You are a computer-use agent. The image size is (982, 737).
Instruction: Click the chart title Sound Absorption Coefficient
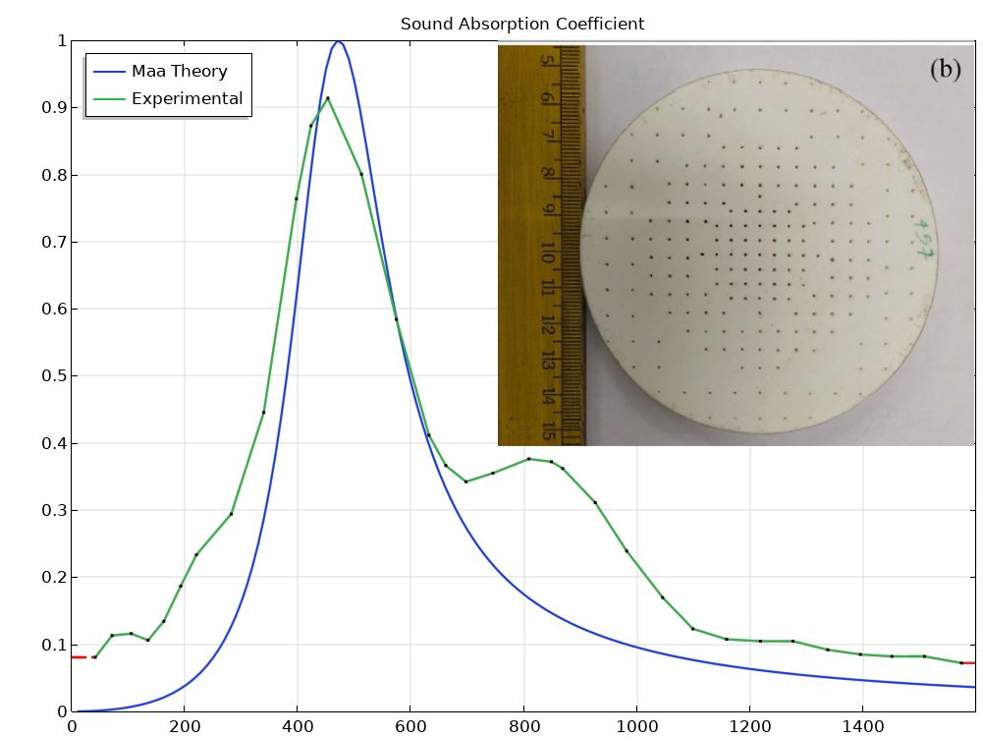[x=522, y=24]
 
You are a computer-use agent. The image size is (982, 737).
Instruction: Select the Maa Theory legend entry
[x=179, y=71]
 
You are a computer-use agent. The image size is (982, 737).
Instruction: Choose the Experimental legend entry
[x=187, y=98]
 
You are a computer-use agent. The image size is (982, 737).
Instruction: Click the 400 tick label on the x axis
[x=297, y=727]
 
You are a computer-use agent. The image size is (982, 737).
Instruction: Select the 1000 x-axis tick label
[x=636, y=727]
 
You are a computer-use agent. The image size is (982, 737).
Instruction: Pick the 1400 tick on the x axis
[x=862, y=727]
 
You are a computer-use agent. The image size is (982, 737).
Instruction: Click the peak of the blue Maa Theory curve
[x=338, y=41]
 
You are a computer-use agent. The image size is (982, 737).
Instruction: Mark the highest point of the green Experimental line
[x=328, y=97]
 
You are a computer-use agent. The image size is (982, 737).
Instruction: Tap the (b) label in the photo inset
[x=945, y=69]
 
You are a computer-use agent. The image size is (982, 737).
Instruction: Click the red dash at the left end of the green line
[x=81, y=656]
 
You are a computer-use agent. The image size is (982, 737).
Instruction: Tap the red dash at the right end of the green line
[x=968, y=663]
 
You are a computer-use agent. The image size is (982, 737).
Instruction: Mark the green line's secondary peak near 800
[x=528, y=459]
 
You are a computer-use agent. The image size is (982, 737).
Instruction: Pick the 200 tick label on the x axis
[x=184, y=727]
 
